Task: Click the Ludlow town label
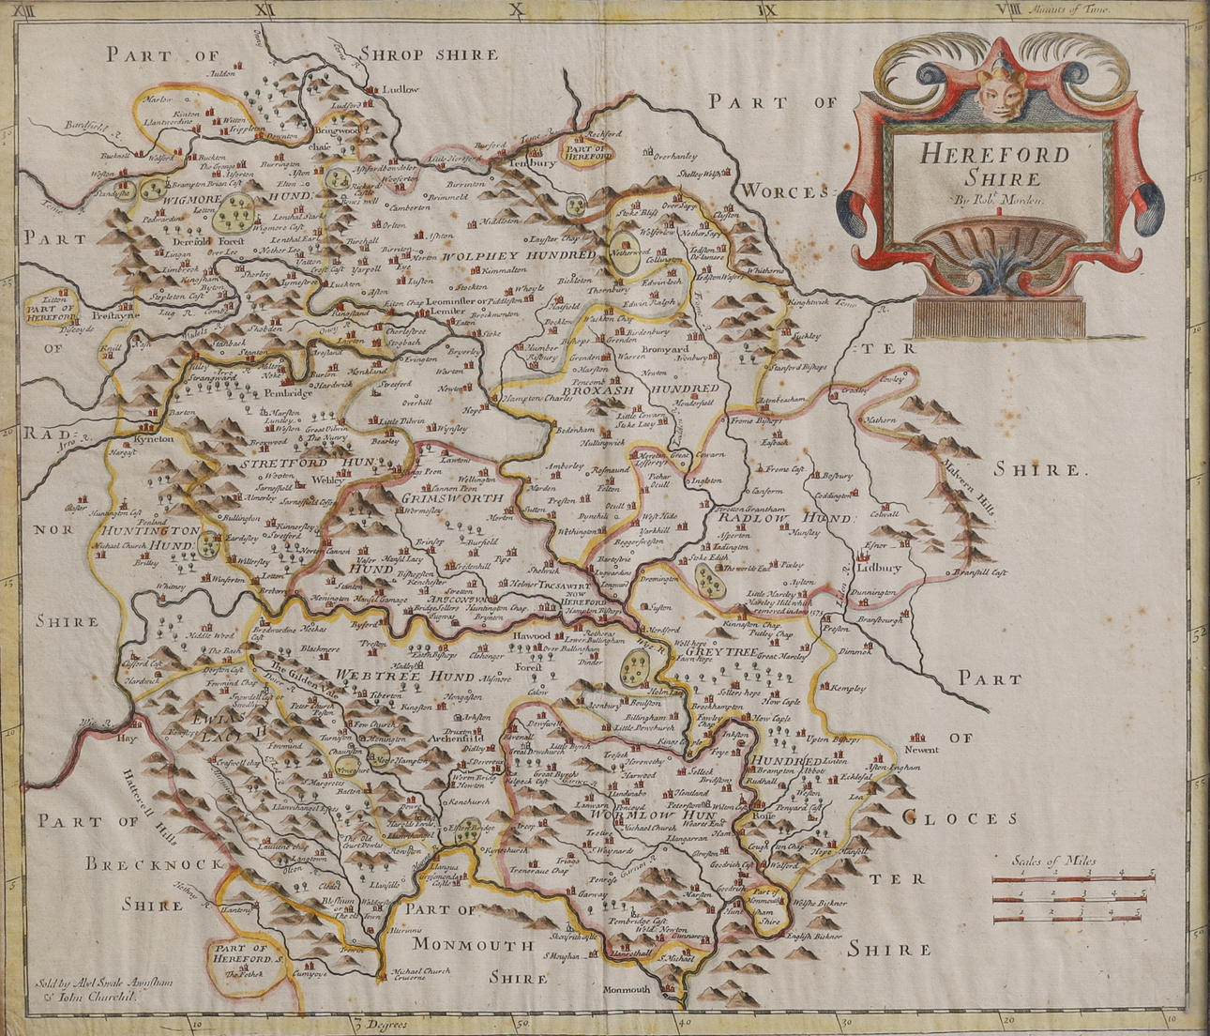coord(400,89)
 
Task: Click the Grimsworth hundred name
coord(452,498)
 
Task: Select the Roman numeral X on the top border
coord(514,11)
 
